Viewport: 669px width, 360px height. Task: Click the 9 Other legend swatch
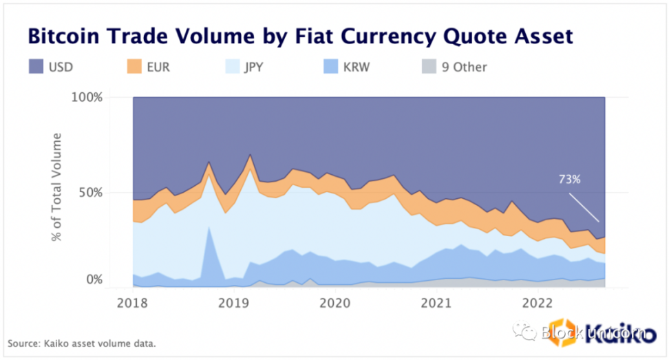tap(428, 67)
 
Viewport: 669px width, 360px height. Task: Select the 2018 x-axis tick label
tap(132, 303)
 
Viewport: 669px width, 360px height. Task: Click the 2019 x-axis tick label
tap(234, 303)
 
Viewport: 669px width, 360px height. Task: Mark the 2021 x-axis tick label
tap(436, 303)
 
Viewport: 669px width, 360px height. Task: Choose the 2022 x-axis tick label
tap(538, 303)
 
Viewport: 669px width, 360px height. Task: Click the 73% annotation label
tap(570, 180)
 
